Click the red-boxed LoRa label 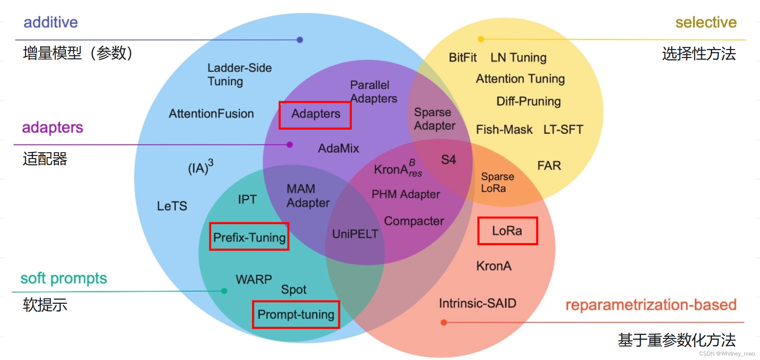coord(507,231)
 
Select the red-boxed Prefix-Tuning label coord(249,237)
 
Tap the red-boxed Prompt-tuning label coord(296,314)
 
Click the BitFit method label coord(462,57)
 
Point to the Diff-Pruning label coord(528,101)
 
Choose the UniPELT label coord(355,234)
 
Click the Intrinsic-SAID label coord(478,303)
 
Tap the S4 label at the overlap coord(448,159)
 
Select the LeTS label coord(172,206)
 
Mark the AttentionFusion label coord(211,114)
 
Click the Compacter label coord(414,221)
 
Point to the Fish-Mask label coord(504,129)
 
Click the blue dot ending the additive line coord(300,40)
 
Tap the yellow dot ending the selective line coord(481,39)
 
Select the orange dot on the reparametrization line coord(444,322)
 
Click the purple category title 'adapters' coord(52,128)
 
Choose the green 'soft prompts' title coord(64,278)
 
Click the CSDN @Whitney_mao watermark coord(727,353)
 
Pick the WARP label coord(254,279)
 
